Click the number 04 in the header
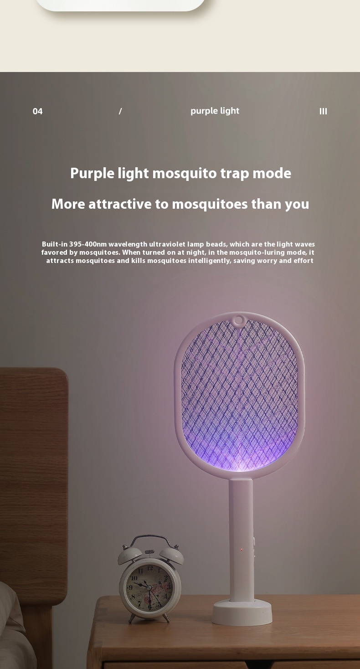(38, 111)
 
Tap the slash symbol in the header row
(120, 111)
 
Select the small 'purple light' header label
(215, 111)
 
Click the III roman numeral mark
(323, 111)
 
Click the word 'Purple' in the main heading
(93, 174)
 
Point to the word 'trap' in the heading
(235, 174)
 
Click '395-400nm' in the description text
(88, 244)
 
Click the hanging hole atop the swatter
(238, 320)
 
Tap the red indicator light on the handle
(242, 550)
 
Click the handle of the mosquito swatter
(241, 525)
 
